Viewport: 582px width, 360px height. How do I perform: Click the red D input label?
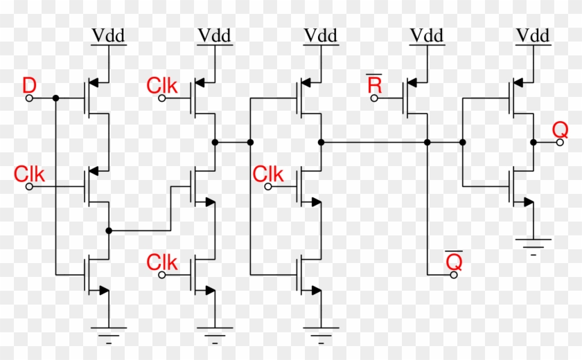[x=30, y=86]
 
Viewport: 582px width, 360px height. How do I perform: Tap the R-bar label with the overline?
[x=374, y=85]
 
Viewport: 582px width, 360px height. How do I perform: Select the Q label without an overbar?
[x=560, y=129]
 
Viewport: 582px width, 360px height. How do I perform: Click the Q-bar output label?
[x=454, y=261]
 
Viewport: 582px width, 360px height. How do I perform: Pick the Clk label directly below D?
[x=30, y=174]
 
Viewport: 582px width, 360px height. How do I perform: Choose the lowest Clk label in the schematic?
[x=162, y=262]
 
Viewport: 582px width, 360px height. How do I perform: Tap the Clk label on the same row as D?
[x=162, y=86]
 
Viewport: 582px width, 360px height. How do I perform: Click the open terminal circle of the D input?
[x=29, y=98]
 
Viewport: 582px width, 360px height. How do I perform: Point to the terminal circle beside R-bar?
[x=374, y=98]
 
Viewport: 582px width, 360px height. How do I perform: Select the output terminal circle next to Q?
[x=560, y=142]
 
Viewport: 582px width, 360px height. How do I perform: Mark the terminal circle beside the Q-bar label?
[x=454, y=275]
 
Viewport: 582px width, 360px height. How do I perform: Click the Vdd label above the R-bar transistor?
[x=427, y=35]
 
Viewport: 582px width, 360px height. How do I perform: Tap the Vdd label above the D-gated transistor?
[x=108, y=35]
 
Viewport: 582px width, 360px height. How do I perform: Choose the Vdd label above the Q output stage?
[x=533, y=35]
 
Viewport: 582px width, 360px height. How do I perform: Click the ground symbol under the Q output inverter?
[x=533, y=244]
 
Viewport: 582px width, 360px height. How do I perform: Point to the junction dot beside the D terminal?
[x=55, y=98]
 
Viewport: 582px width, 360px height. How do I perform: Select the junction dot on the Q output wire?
[x=533, y=142]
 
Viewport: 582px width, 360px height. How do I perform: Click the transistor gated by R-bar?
[x=416, y=98]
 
